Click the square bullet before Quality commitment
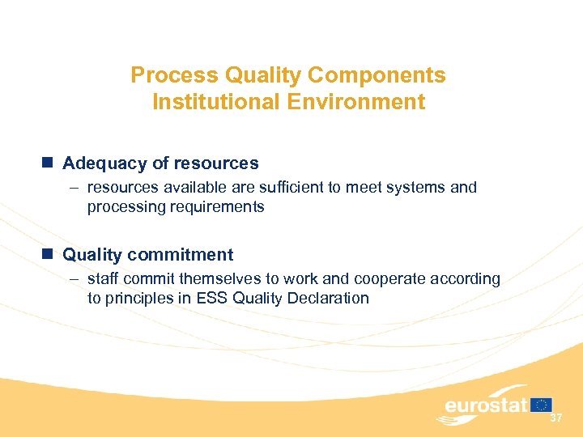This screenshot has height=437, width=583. tap(49, 255)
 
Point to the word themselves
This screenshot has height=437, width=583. tap(211, 279)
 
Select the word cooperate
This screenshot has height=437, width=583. tap(389, 279)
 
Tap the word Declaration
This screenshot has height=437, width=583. tap(328, 299)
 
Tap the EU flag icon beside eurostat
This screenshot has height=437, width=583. tap(542, 405)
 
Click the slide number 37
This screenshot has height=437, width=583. tap(556, 418)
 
